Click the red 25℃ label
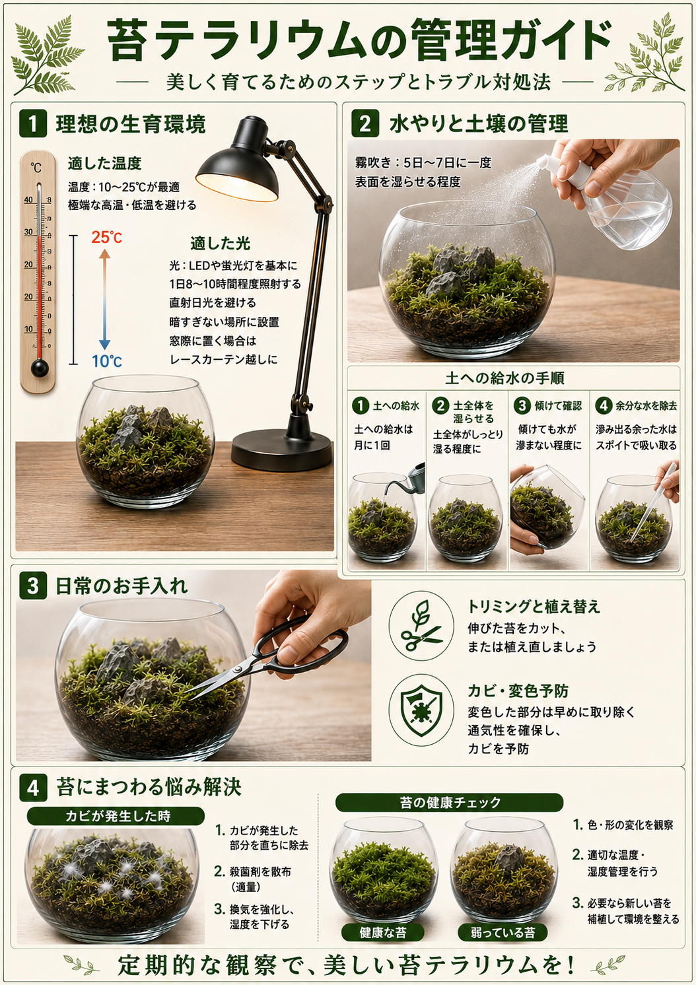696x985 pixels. (106, 238)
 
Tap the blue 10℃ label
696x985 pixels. (106, 361)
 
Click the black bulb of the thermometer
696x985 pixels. (39, 368)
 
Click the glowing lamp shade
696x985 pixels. (238, 174)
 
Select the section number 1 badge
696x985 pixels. (33, 123)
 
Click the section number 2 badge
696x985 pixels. (365, 123)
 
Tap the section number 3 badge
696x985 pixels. (33, 586)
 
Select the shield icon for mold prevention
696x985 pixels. (421, 710)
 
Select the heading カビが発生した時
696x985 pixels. (116, 817)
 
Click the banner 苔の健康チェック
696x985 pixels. (449, 803)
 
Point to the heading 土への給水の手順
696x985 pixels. (505, 378)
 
